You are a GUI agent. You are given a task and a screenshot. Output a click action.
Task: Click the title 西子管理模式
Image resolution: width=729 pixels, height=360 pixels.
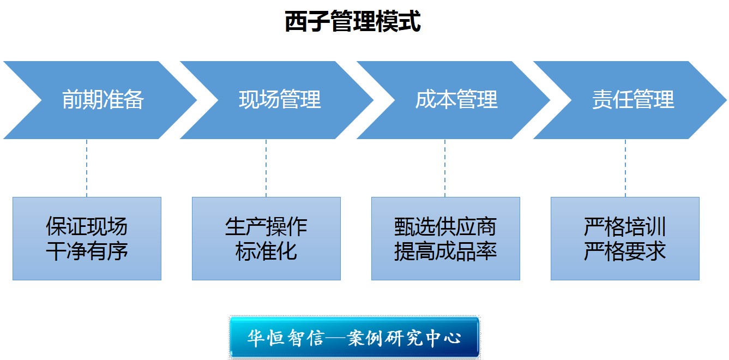(x=353, y=23)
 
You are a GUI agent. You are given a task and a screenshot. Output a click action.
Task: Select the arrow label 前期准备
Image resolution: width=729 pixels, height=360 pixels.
(x=103, y=100)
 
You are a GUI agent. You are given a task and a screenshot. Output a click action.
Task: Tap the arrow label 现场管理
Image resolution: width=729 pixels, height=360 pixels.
(x=280, y=100)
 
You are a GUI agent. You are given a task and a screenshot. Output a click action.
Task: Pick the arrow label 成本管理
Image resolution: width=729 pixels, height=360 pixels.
(x=456, y=100)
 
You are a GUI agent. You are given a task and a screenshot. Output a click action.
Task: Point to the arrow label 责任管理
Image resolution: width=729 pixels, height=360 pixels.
(x=633, y=100)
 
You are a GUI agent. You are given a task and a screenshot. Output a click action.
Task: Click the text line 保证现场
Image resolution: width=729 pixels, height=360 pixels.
(x=87, y=227)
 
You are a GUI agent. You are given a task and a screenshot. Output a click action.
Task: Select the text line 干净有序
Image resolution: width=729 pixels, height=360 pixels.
(x=87, y=251)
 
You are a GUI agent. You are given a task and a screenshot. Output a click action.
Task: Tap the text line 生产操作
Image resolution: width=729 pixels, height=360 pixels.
(x=266, y=227)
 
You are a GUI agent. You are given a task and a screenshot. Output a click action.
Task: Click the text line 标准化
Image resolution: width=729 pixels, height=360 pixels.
(x=266, y=251)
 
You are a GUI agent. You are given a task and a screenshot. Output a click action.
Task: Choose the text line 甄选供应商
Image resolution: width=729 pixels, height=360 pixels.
(x=445, y=227)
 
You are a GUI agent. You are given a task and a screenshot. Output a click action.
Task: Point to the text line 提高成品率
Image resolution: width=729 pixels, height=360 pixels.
(x=445, y=251)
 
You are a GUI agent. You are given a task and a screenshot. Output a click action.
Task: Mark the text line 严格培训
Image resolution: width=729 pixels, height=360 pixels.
(x=625, y=227)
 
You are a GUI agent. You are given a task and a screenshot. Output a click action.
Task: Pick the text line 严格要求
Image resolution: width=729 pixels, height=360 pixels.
(x=625, y=251)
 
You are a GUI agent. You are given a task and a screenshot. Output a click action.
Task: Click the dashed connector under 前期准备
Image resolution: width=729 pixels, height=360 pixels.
(x=87, y=168)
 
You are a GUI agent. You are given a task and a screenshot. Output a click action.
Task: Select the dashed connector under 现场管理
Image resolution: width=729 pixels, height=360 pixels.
(x=266, y=168)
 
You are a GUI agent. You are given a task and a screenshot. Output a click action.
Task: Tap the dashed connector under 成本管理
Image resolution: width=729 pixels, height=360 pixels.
(x=445, y=168)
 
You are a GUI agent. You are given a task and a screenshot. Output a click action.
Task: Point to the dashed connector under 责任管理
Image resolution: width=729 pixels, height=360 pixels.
(x=625, y=168)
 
